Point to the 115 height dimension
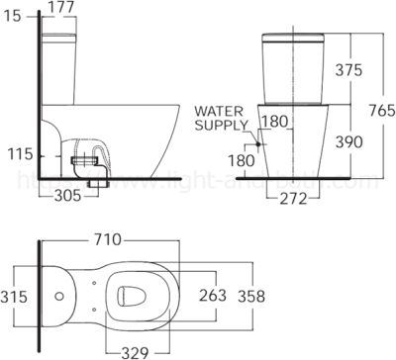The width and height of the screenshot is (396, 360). pos(16,155)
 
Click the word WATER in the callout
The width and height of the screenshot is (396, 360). pos(216,112)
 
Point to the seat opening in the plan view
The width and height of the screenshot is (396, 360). pos(134,294)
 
